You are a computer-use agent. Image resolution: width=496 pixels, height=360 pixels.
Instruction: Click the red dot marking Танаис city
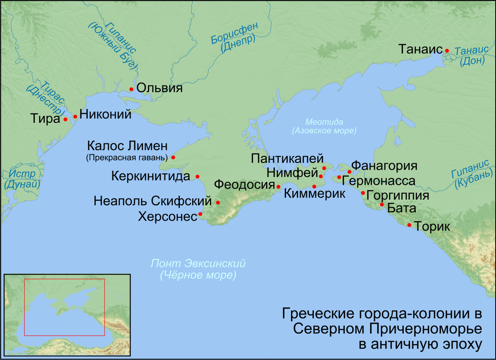pos(447,50)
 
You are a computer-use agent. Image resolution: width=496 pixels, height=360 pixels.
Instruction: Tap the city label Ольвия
pos(159,88)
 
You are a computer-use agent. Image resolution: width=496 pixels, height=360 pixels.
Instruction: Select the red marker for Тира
pos(65,119)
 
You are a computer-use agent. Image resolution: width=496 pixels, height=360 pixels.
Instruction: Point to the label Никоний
pos(105,114)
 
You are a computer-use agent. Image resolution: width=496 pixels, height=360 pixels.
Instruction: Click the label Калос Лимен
pos(127,146)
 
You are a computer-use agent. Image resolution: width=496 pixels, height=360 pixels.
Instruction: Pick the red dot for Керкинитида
pos(198,176)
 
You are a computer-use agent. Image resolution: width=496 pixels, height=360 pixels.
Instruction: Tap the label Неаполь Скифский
pos(153,202)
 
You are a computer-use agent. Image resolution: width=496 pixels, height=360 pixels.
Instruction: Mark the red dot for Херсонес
pos(200,214)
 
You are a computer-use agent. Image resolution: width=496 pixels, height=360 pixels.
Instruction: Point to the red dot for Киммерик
pos(314,186)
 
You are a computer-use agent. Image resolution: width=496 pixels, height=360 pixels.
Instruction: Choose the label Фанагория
pos(384,166)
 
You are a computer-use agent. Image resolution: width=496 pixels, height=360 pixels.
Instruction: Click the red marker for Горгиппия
pos(363,193)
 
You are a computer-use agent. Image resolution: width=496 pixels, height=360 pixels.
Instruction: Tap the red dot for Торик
pos(409,225)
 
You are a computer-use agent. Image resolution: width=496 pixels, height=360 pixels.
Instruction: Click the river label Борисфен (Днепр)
pos(234,38)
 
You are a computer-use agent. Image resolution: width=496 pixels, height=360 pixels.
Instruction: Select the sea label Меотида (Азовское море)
pos(324,126)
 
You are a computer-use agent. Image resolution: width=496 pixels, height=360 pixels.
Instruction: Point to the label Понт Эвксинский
pos(198,263)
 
